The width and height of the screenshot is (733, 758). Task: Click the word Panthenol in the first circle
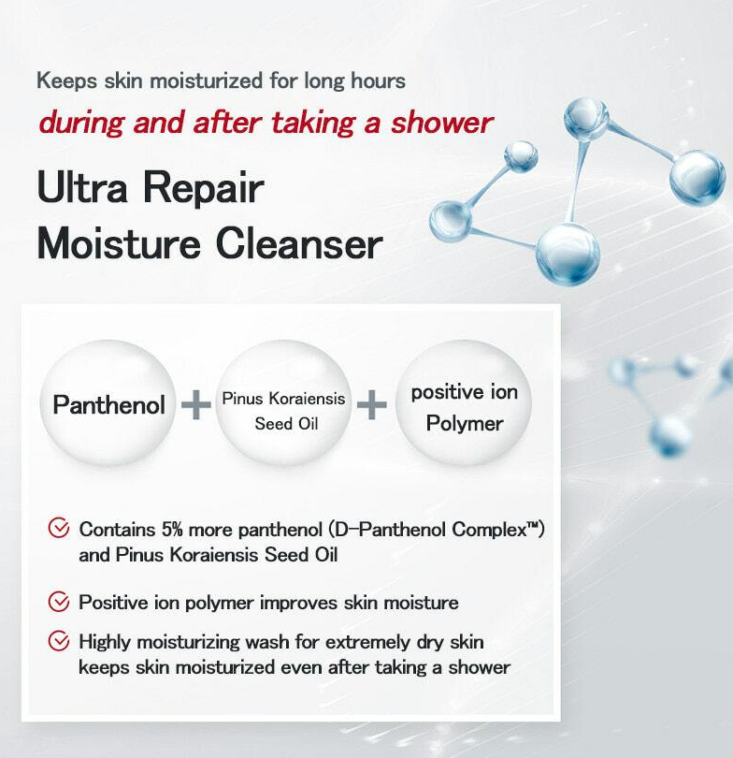pos(109,404)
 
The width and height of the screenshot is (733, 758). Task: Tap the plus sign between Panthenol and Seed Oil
pos(196,404)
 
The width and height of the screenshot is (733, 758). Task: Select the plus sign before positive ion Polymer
pos(372,404)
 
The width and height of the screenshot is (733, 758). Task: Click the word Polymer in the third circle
pos(465,424)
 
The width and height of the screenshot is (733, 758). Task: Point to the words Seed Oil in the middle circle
pos(286,424)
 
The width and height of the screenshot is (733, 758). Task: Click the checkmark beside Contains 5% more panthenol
pos(59,528)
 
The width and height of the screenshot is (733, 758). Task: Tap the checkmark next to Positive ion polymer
pos(59,602)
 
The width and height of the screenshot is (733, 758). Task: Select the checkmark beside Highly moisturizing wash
pos(59,641)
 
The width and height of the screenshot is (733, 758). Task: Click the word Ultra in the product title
pos(82,187)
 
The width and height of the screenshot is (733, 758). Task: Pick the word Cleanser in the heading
pos(299,243)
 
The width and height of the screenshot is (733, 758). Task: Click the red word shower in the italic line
pos(442,123)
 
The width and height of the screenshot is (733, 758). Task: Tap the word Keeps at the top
pos(67,80)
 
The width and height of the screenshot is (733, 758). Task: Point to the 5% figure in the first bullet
pos(172,530)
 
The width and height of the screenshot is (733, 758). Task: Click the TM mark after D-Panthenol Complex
pos(533,524)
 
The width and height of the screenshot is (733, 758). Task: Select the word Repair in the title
pos(203,188)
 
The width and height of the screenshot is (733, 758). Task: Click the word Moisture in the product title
pos(119,243)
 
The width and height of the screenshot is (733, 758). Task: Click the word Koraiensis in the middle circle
pos(307,399)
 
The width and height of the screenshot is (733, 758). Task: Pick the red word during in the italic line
pos(82,123)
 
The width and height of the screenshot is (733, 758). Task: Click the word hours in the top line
pos(378,80)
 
